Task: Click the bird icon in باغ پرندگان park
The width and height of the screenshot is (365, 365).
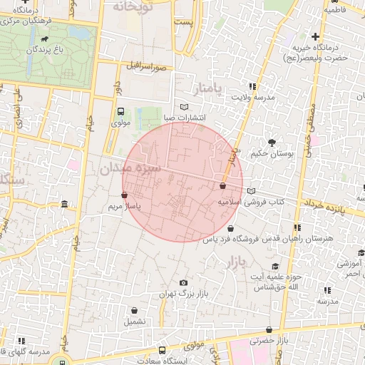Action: click(x=46, y=38)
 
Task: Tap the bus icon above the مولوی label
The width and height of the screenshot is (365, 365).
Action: click(x=120, y=111)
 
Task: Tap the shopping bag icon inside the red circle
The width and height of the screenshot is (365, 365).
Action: click(x=222, y=185)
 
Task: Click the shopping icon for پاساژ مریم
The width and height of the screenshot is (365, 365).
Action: click(x=125, y=194)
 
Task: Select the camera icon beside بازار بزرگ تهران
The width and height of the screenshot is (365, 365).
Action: click(x=184, y=283)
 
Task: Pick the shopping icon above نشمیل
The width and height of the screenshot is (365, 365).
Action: click(x=135, y=310)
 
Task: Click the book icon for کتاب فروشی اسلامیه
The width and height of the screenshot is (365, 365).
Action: click(x=251, y=191)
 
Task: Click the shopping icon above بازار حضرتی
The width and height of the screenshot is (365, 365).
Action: click(x=269, y=329)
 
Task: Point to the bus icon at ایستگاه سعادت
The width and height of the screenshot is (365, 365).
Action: click(x=163, y=350)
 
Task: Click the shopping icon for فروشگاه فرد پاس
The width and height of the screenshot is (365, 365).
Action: click(x=230, y=228)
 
